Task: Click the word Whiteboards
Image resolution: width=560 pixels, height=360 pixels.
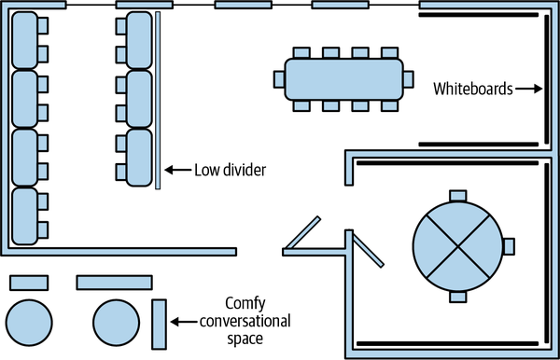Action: click(x=473, y=89)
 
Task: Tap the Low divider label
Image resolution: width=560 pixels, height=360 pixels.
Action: click(x=230, y=170)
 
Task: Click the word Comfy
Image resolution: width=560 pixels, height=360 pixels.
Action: click(x=245, y=305)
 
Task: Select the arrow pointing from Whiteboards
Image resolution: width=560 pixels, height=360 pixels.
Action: click(x=528, y=89)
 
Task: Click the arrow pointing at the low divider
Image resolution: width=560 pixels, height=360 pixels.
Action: click(x=178, y=170)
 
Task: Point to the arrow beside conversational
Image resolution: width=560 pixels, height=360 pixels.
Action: click(x=184, y=322)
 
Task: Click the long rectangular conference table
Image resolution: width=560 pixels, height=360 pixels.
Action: click(x=343, y=79)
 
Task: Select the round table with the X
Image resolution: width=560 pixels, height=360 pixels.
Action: click(x=458, y=246)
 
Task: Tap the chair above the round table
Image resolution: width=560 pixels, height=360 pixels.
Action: click(x=458, y=196)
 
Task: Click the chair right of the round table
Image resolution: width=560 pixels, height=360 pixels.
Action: click(x=509, y=246)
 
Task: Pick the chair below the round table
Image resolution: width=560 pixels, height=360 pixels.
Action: click(x=458, y=297)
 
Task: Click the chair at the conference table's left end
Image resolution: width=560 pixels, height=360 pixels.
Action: click(x=279, y=79)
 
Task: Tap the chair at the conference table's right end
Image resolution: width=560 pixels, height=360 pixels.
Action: click(x=408, y=79)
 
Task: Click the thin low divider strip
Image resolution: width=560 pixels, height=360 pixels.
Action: click(x=158, y=100)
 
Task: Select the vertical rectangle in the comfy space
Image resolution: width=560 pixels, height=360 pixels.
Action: click(x=160, y=324)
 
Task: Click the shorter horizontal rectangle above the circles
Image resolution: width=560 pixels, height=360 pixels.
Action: click(x=29, y=283)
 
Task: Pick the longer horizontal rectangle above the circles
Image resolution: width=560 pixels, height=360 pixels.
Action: click(x=114, y=283)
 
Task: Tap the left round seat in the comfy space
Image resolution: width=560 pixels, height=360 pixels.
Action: click(x=29, y=323)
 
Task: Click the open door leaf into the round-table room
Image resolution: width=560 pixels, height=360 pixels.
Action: click(x=369, y=250)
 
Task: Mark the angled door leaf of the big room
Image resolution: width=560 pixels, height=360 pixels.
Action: click(x=302, y=232)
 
